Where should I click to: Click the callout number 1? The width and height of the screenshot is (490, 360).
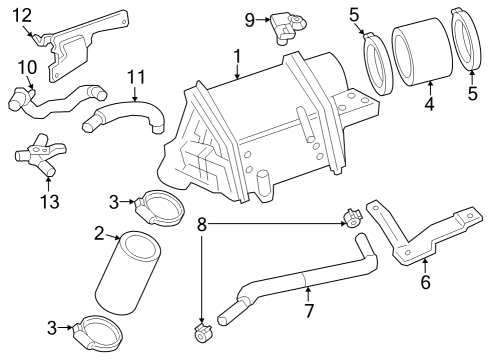(x=237, y=56)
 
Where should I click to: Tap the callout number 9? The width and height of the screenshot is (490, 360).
(x=250, y=20)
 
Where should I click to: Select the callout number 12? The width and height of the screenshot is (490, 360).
(x=23, y=15)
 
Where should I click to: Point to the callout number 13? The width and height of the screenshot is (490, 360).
(x=50, y=202)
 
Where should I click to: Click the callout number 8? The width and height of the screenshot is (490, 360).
(x=202, y=224)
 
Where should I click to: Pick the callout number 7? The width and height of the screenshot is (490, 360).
(x=309, y=311)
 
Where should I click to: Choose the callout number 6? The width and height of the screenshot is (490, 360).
(x=426, y=282)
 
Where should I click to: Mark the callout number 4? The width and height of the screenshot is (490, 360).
(x=430, y=104)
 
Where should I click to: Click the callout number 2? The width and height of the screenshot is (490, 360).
(x=99, y=234)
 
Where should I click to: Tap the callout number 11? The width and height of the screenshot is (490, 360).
(x=137, y=77)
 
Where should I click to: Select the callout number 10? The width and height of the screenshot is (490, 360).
(x=27, y=67)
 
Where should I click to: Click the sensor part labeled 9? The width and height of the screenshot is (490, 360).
(x=287, y=27)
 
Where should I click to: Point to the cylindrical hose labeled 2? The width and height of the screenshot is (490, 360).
(x=128, y=273)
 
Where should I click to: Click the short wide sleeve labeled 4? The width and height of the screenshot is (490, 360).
(x=422, y=56)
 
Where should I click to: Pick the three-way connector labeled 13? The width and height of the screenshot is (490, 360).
(x=40, y=154)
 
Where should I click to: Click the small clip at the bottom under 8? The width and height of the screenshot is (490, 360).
(x=203, y=334)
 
